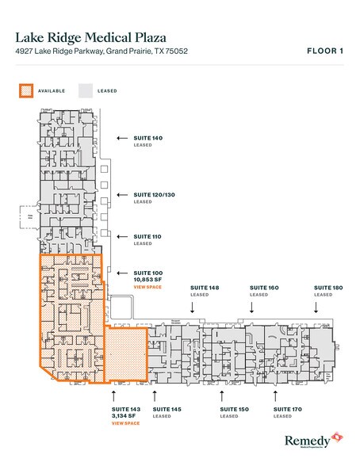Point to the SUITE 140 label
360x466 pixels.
click(x=147, y=139)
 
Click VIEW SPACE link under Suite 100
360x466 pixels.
click(x=147, y=287)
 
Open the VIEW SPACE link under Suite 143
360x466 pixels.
click(x=125, y=424)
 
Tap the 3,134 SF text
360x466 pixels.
click(x=124, y=416)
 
